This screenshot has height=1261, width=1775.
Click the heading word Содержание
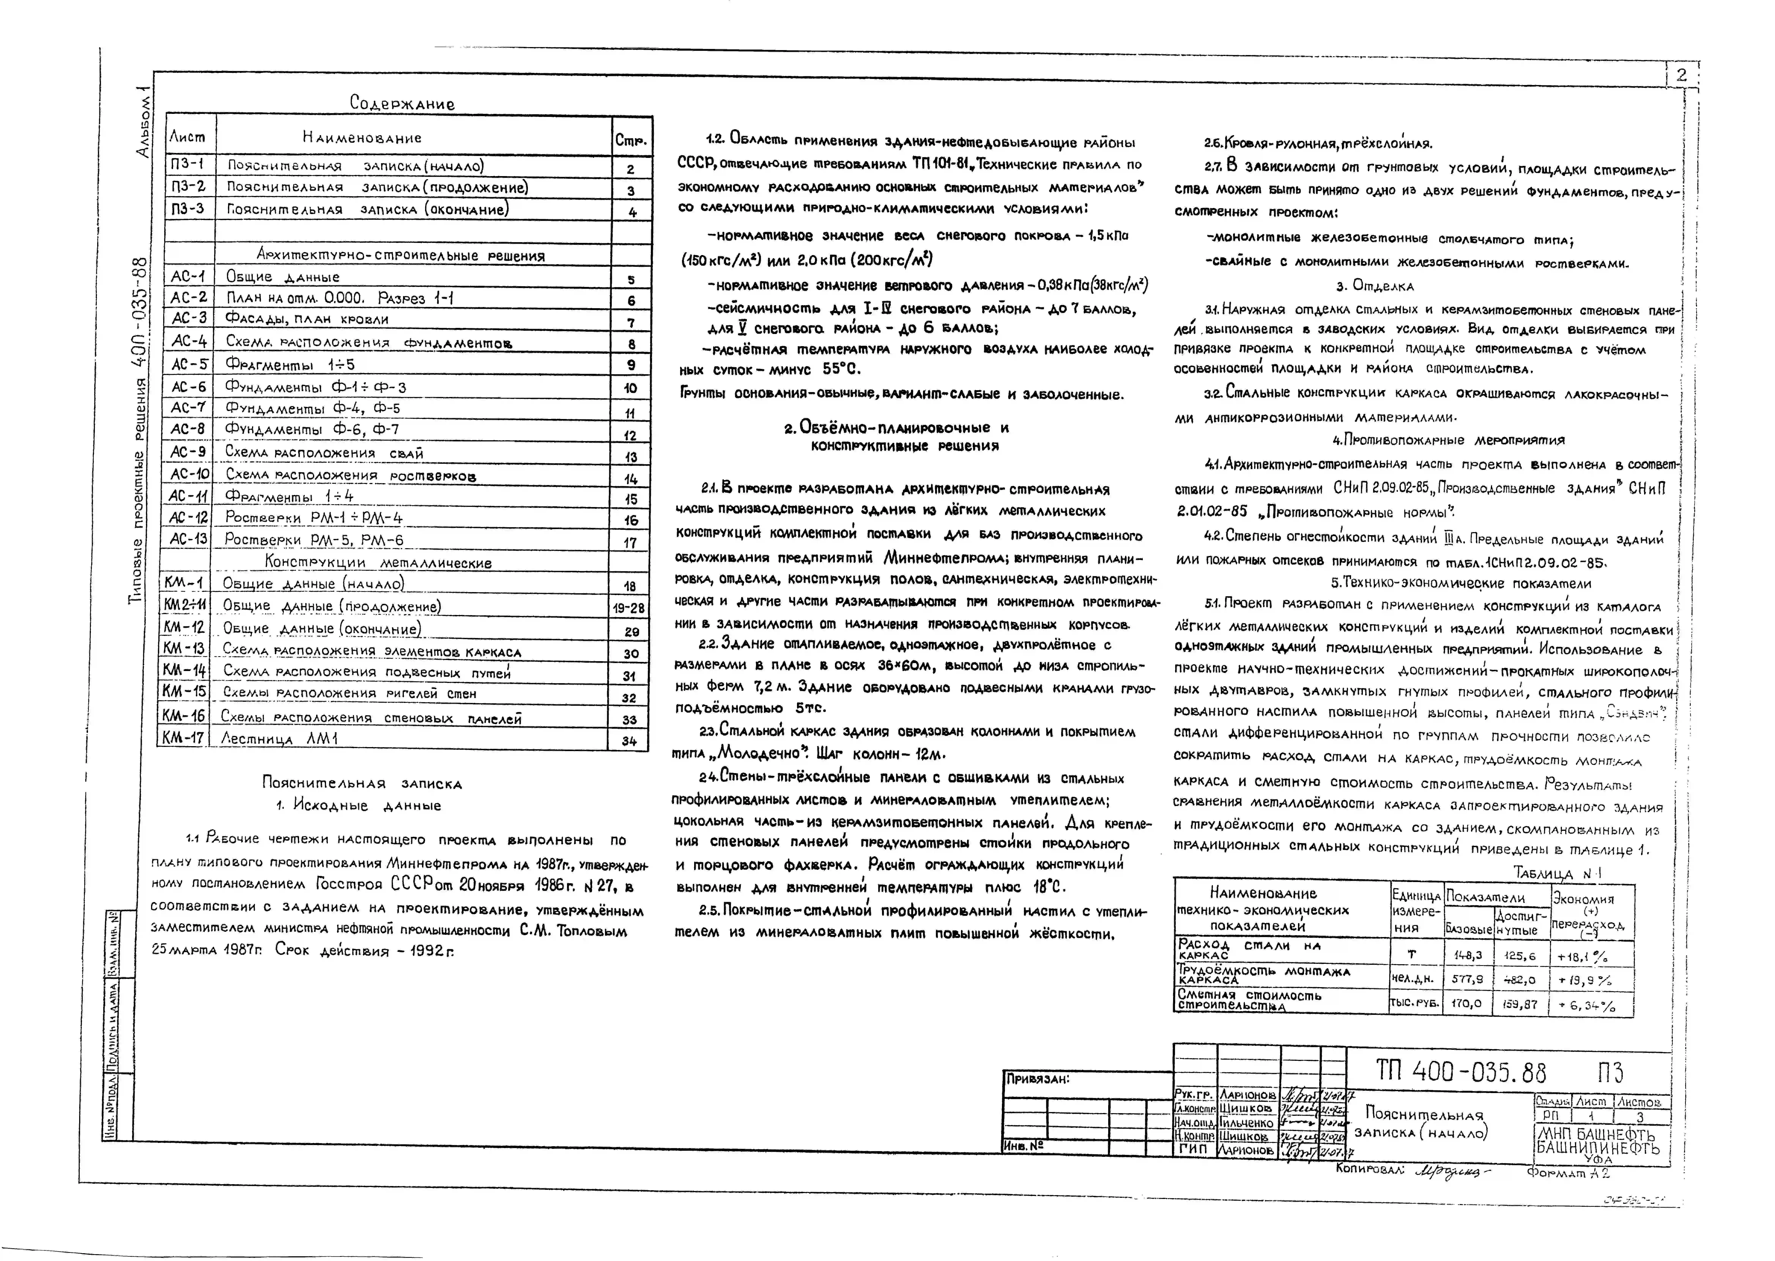pyautogui.click(x=402, y=103)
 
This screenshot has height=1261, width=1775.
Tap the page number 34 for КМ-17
pyautogui.click(x=629, y=741)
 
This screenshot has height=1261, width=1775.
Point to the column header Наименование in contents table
pyautogui.click(x=362, y=138)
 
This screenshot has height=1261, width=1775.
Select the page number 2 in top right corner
pyautogui.click(x=1681, y=75)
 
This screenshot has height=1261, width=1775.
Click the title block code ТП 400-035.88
pyautogui.click(x=1461, y=1072)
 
